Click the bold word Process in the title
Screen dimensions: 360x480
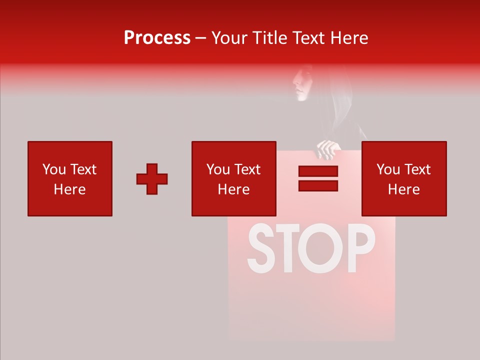click(157, 38)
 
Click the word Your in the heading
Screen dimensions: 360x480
click(228, 38)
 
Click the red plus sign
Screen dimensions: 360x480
click(152, 179)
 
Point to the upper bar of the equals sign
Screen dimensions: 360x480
click(318, 171)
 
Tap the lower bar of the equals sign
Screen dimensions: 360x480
click(318, 186)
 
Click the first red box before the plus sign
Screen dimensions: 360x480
click(69, 178)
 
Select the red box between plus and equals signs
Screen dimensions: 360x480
click(233, 178)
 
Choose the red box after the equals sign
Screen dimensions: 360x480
click(403, 178)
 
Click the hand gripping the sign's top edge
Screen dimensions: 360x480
click(328, 149)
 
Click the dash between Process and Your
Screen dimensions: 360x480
click(201, 38)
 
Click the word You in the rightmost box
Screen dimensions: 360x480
click(387, 169)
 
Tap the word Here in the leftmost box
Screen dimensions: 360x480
click(69, 189)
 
